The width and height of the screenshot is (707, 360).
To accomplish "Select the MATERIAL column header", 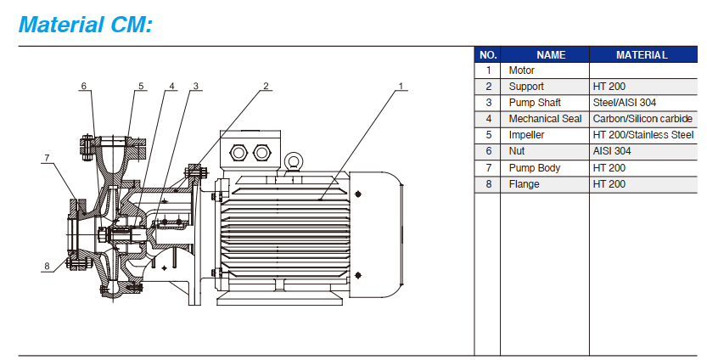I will tap(642, 54).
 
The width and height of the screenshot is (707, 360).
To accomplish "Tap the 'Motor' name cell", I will tap(521, 70).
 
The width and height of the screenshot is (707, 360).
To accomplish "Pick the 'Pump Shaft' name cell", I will tap(534, 103).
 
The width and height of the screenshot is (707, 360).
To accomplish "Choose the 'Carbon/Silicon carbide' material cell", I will tap(643, 119).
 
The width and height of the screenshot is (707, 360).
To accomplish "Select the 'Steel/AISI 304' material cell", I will tap(625, 103).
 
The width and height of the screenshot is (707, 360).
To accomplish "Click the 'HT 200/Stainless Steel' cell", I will tap(643, 135).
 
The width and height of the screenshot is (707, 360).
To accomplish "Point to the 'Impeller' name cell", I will tap(526, 135).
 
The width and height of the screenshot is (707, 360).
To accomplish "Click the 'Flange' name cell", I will tap(524, 184).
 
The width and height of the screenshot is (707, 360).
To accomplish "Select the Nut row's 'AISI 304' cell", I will tap(612, 151).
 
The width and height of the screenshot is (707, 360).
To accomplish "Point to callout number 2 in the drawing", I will tap(266, 86).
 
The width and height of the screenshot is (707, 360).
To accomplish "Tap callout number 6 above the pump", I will tap(84, 86).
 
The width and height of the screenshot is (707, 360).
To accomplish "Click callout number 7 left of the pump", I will tap(48, 157).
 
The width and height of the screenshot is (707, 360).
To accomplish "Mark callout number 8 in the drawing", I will tap(48, 267).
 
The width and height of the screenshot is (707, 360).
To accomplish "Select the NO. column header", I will tap(487, 54).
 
